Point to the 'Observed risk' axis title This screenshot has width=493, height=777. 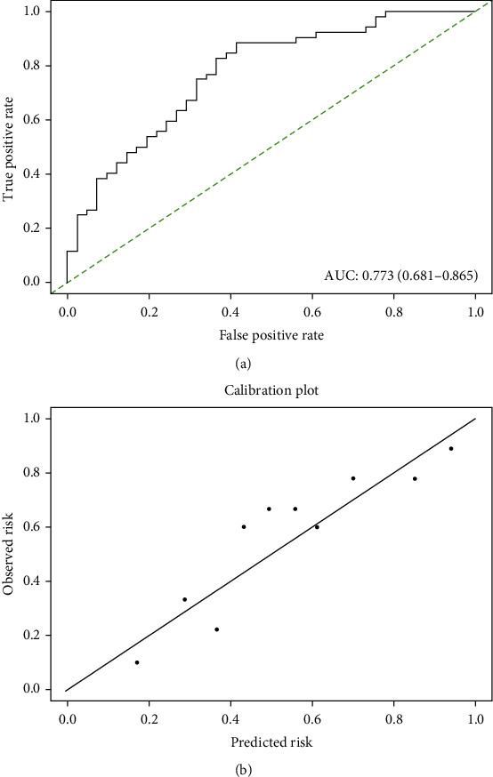point(11,553)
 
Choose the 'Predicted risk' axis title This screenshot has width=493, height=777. point(271,740)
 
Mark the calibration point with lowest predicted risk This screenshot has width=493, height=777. point(137,662)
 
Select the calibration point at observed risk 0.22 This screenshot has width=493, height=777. point(216,629)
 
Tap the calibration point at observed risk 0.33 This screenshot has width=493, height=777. point(184,599)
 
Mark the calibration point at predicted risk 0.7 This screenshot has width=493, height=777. point(353,478)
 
